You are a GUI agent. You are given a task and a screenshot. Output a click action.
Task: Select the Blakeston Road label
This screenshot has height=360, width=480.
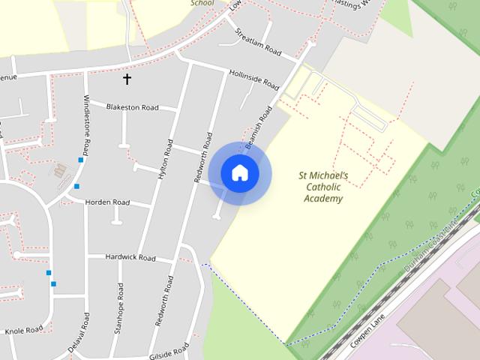[133, 107]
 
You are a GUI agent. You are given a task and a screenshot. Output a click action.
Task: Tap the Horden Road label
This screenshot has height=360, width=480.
[107, 202]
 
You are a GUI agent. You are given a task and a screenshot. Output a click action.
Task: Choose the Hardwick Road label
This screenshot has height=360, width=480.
[130, 258]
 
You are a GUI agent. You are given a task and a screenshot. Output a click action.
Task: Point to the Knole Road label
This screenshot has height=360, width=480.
[24, 330]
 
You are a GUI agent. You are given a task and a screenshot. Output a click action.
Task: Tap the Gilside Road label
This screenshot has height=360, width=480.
[169, 351]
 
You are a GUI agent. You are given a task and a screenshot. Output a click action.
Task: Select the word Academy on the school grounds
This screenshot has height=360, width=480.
[324, 199]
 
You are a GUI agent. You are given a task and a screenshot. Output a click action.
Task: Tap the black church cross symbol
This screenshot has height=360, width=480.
[127, 78]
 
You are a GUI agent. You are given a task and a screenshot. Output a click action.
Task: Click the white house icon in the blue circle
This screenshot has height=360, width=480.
[240, 173]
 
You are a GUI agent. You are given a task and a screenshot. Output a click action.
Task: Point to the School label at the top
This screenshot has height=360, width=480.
[202, 3]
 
